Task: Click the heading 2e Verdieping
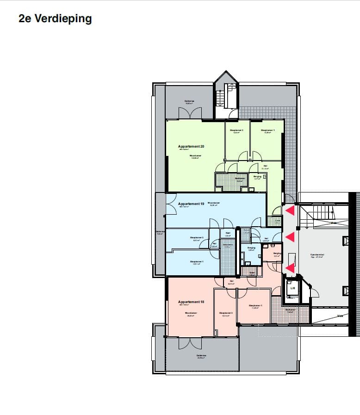pos(55,19)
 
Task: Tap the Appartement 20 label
pos(191,146)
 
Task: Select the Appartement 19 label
pos(191,204)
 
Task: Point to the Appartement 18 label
pos(191,302)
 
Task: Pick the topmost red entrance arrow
pos(290,211)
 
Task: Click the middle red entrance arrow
pos(290,237)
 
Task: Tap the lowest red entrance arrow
pos(290,267)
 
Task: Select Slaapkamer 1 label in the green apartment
pos(267,130)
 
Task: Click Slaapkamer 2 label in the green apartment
pos(236,130)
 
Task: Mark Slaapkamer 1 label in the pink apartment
pos(255,306)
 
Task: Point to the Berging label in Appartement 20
pos(257,176)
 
